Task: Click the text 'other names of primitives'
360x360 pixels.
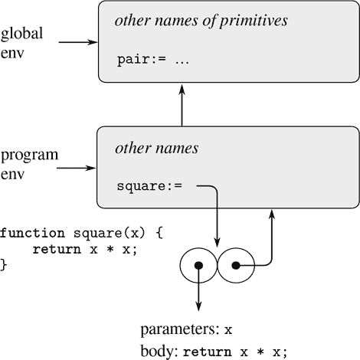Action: [x=201, y=21]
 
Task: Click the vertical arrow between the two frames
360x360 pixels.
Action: [x=182, y=106]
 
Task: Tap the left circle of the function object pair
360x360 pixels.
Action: [x=198, y=265]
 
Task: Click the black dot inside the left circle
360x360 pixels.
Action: [x=198, y=266]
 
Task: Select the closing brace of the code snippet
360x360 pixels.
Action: [x=3, y=264]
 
